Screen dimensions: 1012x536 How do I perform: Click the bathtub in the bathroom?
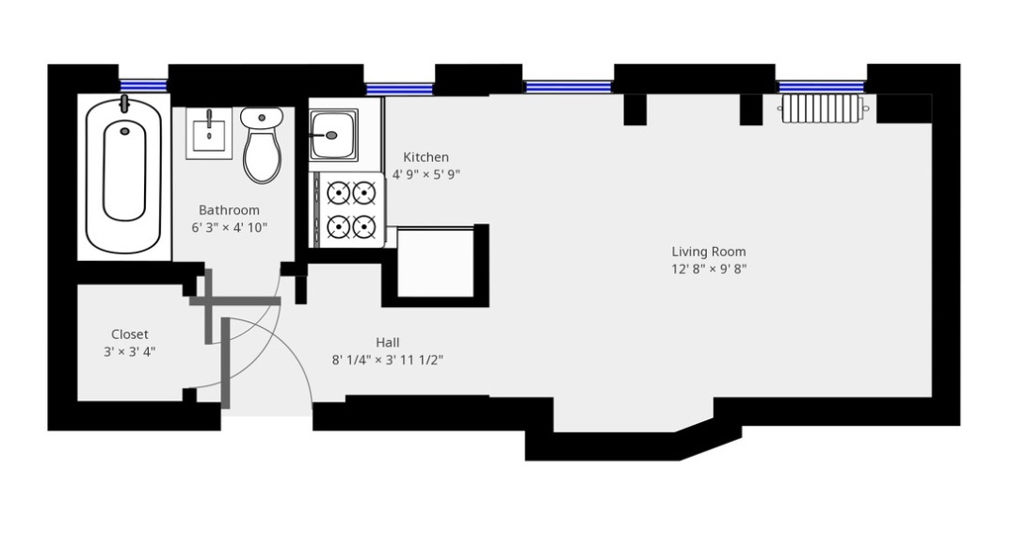[124, 175]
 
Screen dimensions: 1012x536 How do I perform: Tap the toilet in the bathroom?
[262, 145]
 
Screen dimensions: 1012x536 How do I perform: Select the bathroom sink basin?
[208, 133]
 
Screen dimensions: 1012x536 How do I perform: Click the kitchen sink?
[332, 135]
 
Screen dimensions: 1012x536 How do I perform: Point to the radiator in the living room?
[821, 108]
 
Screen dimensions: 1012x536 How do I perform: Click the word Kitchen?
[426, 157]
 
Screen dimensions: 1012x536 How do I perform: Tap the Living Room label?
[709, 252]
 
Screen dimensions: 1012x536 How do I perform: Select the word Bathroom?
[229, 210]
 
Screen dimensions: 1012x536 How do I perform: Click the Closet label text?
[130, 334]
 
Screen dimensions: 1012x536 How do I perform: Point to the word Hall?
[387, 342]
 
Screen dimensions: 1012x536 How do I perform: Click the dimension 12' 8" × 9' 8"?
[709, 269]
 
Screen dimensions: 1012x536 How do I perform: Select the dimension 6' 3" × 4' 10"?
[229, 227]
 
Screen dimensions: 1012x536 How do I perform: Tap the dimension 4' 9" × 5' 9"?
[426, 174]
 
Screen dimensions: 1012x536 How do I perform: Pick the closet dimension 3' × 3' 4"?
[130, 352]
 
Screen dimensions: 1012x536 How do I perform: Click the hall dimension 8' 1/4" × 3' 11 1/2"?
[387, 360]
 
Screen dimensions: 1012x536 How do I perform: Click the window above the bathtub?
[143, 86]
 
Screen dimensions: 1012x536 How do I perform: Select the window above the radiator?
[821, 88]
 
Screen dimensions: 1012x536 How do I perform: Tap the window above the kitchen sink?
[399, 89]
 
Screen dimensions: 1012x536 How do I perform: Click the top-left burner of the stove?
[338, 192]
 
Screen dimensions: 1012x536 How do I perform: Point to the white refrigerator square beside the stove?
[436, 262]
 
